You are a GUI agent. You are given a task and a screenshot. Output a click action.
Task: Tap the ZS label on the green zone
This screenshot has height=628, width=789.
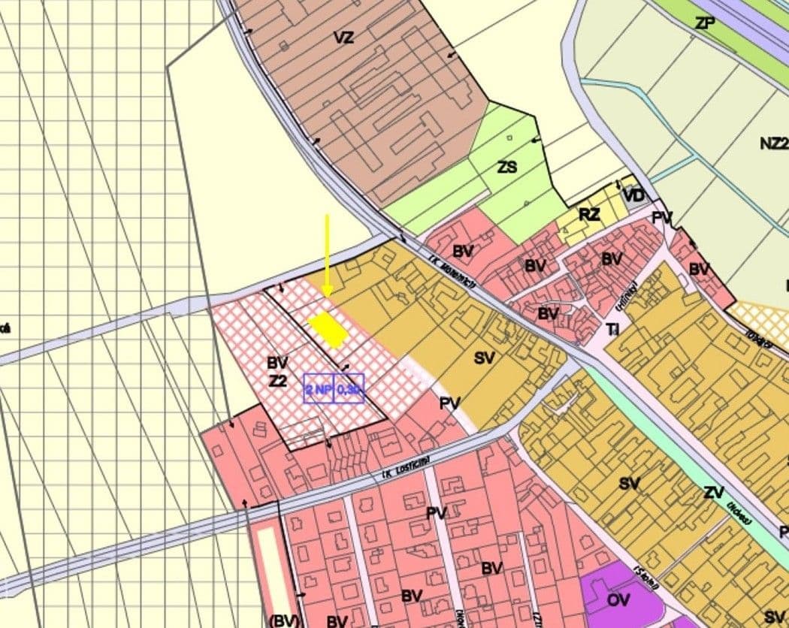click(x=507, y=167)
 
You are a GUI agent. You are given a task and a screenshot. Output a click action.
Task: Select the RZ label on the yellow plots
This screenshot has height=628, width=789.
click(x=590, y=215)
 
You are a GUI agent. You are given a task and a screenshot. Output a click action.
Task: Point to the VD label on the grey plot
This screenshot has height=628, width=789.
click(x=634, y=196)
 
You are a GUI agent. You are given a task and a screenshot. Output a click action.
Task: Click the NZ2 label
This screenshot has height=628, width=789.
click(x=774, y=143)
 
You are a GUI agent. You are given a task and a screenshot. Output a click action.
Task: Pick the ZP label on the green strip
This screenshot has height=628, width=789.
click(x=705, y=23)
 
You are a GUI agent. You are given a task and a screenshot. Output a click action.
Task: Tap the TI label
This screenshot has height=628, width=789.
click(x=614, y=329)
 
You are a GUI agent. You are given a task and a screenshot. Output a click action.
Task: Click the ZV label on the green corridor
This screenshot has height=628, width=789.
click(x=714, y=494)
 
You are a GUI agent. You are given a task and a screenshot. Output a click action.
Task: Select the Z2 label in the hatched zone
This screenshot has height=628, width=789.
click(x=278, y=381)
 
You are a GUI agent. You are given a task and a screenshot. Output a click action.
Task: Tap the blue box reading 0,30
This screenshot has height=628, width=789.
click(x=349, y=389)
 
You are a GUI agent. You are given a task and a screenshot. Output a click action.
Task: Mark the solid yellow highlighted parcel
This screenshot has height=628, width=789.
click(x=328, y=330)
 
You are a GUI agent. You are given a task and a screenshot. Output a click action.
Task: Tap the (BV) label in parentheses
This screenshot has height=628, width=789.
click(x=284, y=620)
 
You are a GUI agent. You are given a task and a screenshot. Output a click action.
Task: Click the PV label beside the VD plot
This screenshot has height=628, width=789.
click(x=662, y=218)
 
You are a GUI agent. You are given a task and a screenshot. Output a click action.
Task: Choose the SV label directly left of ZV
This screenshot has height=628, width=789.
click(x=630, y=483)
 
